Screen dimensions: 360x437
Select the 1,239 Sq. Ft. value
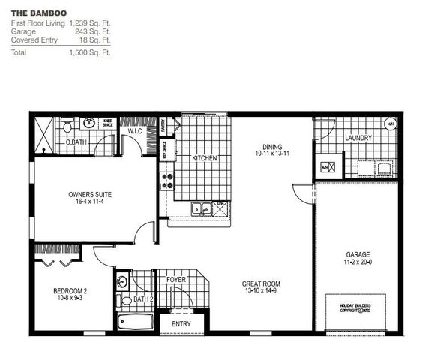tap(91, 23)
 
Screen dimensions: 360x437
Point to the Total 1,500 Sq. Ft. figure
tap(91, 53)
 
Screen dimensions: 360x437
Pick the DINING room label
tap(271, 150)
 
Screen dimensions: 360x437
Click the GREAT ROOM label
tap(261, 287)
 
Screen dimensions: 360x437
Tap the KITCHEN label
tap(205, 158)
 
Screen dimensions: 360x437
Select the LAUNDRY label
tap(358, 139)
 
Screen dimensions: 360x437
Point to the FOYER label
tap(176, 280)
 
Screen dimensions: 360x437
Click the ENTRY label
tap(181, 324)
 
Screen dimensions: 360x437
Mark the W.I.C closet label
tap(135, 132)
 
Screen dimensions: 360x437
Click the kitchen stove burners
tap(166, 180)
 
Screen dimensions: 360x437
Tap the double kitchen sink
tap(200, 209)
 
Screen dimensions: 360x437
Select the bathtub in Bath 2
tap(136, 322)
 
